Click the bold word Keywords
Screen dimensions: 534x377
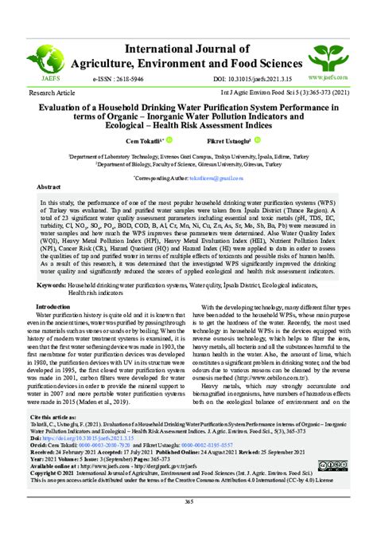point(52,284)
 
